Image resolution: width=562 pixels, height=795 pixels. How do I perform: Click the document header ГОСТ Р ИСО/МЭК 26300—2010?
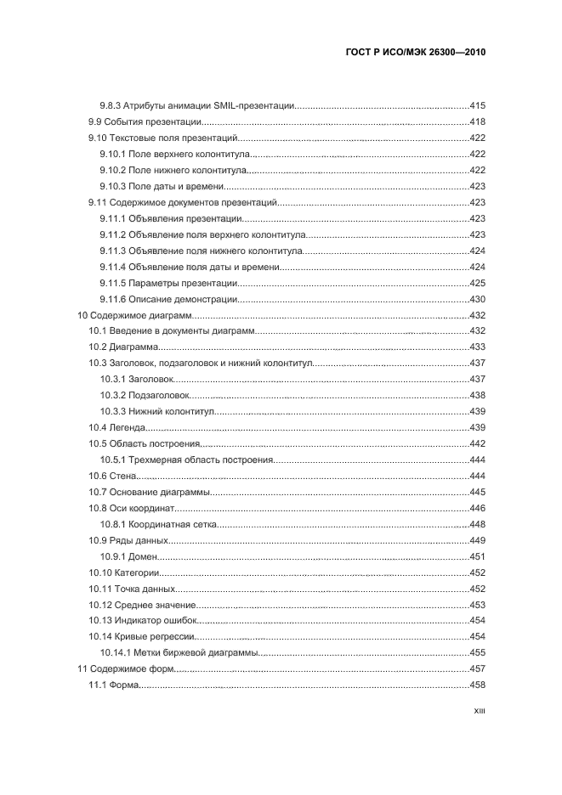point(415,52)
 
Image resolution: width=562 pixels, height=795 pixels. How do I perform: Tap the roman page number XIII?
point(478,714)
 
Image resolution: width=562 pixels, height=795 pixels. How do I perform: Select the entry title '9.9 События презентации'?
point(145,121)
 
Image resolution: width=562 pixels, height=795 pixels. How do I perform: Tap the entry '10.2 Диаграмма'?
point(123,347)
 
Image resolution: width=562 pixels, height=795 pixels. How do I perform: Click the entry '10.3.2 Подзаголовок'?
point(145,395)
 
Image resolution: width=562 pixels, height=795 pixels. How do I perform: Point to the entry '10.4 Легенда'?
point(118,427)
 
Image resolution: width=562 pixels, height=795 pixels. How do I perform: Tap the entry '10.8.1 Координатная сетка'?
point(158,524)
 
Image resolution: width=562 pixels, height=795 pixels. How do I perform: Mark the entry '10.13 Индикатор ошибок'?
point(137,621)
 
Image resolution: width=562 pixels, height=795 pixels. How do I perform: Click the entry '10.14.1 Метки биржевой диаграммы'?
point(179,653)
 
